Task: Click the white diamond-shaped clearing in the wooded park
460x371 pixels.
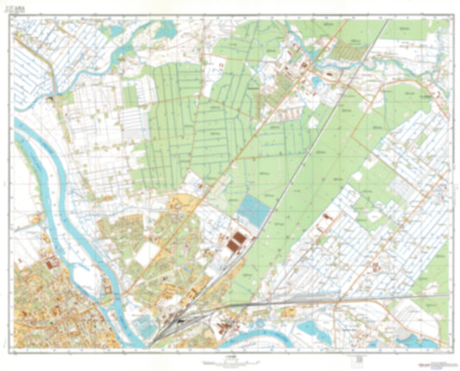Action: [148, 253]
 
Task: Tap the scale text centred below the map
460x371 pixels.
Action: [230, 355]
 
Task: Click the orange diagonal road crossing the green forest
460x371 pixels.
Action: [259, 147]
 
